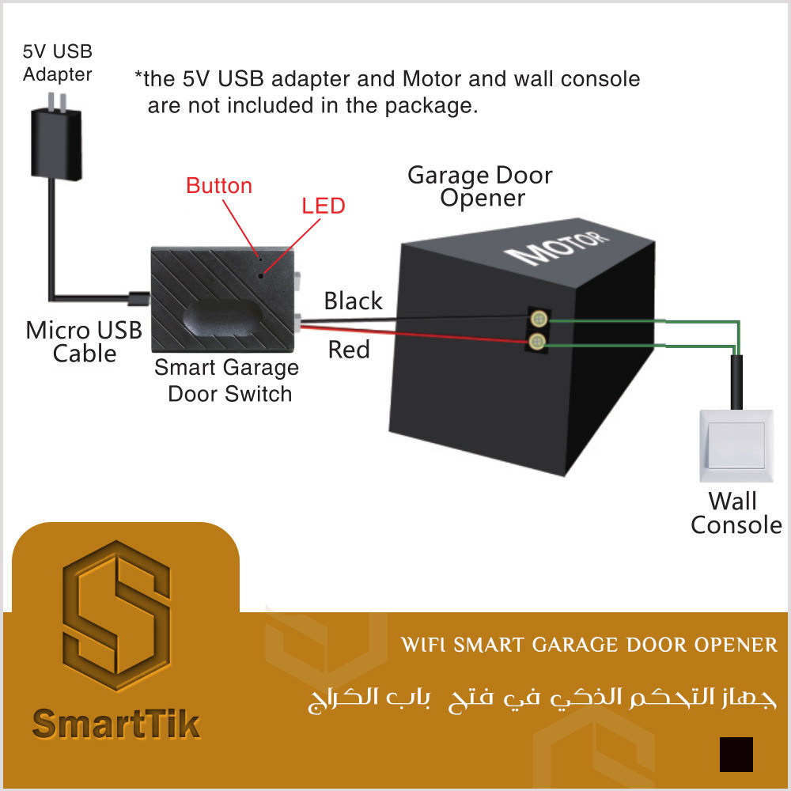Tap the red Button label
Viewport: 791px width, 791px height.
(x=219, y=186)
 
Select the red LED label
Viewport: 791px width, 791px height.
(x=324, y=206)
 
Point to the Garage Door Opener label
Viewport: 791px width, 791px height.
(x=480, y=186)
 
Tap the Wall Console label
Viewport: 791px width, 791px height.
(x=736, y=513)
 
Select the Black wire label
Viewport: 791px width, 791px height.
(x=353, y=301)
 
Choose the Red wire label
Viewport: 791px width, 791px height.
(x=349, y=350)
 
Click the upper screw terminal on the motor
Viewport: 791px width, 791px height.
(x=538, y=319)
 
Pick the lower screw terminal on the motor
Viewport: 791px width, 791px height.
(x=538, y=342)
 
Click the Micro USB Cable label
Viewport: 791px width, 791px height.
(x=84, y=341)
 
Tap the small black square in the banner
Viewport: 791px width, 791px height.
(x=736, y=754)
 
